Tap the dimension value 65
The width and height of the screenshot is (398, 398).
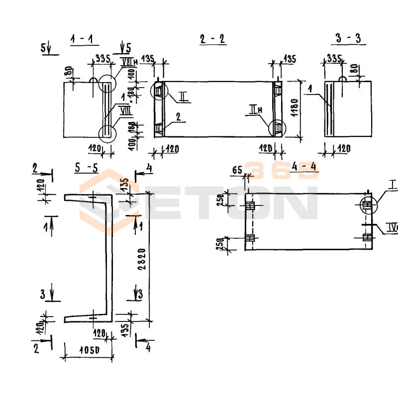click(x=237, y=171)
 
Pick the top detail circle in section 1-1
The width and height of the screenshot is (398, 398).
click(x=107, y=83)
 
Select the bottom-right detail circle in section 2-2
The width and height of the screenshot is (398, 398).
click(x=277, y=128)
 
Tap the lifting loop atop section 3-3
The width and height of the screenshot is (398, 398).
click(x=342, y=79)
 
